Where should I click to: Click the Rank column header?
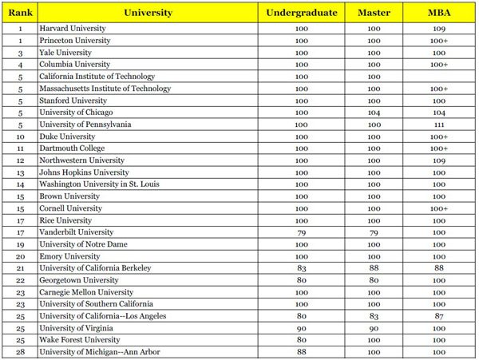pyautogui.click(x=18, y=13)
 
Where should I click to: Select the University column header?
pyautogui.click(x=148, y=13)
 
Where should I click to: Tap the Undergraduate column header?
pyautogui.click(x=301, y=13)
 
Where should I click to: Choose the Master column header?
pyautogui.click(x=374, y=13)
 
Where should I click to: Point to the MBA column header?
pyautogui.click(x=439, y=13)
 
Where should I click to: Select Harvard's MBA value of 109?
pyautogui.click(x=439, y=28)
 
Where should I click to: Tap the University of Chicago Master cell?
pyautogui.click(x=374, y=113)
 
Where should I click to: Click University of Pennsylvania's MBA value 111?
pyautogui.click(x=439, y=125)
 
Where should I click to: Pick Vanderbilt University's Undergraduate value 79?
pyautogui.click(x=301, y=231)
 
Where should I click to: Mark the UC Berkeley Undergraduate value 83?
pyautogui.click(x=301, y=267)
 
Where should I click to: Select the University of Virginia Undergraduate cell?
pyautogui.click(x=301, y=327)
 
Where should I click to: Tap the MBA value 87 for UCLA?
pyautogui.click(x=439, y=315)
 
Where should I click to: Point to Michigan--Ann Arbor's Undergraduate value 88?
pyautogui.click(x=301, y=351)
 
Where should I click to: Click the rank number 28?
pyautogui.click(x=18, y=351)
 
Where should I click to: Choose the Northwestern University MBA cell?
pyautogui.click(x=439, y=160)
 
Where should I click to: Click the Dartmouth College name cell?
pyautogui.click(x=72, y=148)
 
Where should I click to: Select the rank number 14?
pyautogui.click(x=18, y=184)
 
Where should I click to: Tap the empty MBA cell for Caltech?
pyautogui.click(x=439, y=77)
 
